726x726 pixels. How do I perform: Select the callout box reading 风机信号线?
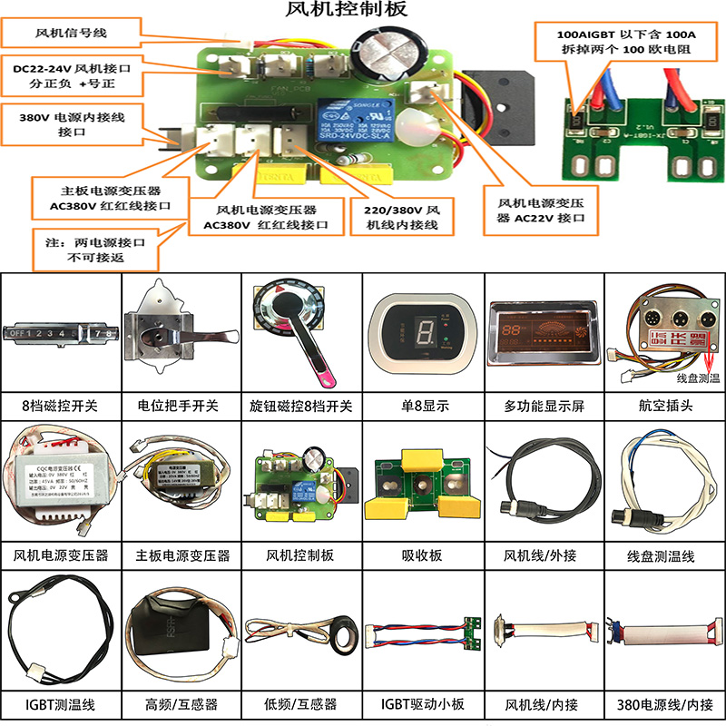click(71, 33)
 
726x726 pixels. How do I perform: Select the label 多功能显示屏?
click(543, 405)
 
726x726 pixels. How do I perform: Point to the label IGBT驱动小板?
click(424, 703)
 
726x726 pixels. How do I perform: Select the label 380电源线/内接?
click(665, 703)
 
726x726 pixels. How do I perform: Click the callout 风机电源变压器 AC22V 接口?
click(543, 211)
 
